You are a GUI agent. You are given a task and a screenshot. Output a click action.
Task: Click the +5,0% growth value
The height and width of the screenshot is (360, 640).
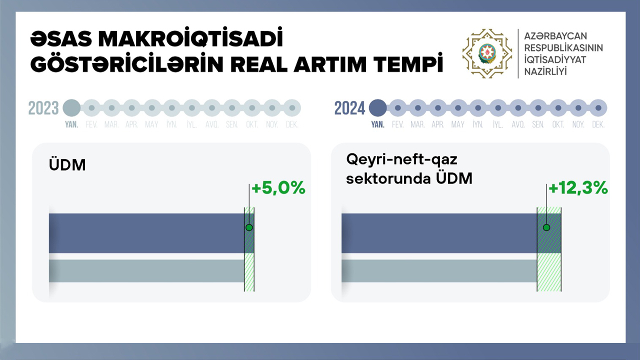(278, 188)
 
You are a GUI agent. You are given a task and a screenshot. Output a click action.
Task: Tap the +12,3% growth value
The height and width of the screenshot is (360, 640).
(578, 188)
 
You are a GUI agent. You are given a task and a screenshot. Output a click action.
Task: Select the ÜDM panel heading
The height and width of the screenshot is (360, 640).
(67, 164)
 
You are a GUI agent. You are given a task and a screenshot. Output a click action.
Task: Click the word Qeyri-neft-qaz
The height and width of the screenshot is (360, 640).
(401, 159)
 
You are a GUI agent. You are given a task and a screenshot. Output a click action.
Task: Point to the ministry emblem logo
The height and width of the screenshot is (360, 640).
(487, 53)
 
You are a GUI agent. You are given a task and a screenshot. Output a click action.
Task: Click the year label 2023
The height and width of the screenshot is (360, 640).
(43, 108)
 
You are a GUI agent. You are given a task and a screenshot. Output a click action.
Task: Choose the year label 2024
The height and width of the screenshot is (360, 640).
(349, 108)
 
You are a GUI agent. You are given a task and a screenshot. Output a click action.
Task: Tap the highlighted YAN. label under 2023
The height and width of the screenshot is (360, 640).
(71, 124)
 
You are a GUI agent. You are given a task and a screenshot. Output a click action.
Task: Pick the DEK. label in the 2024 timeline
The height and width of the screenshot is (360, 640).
(598, 124)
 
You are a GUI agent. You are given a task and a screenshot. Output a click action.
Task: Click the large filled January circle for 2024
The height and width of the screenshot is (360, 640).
(377, 108)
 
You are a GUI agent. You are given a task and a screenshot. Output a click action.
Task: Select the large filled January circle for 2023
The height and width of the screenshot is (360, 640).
(71, 108)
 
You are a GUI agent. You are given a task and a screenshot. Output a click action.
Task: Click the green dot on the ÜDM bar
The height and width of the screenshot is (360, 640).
(249, 227)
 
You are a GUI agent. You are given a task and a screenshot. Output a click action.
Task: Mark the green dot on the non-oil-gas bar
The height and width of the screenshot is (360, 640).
(546, 227)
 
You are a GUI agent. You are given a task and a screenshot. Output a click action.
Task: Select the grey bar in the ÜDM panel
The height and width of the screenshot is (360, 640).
(146, 271)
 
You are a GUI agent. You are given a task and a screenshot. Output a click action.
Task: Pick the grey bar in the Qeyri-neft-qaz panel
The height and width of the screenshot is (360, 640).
(439, 271)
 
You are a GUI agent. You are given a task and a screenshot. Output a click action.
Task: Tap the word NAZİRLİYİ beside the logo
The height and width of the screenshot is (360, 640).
(545, 71)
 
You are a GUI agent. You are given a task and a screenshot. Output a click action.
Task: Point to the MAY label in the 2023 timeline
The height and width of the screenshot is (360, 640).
(151, 124)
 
